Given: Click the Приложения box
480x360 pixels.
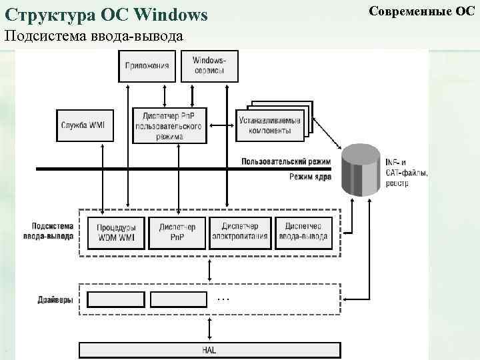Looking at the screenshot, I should (146, 66).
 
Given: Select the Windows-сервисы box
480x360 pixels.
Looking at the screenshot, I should (209, 66).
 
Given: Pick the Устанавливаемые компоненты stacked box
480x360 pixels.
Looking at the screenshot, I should (269, 125).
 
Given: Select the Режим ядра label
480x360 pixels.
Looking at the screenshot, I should (310, 177).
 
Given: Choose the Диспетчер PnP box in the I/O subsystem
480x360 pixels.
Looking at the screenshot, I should (177, 231).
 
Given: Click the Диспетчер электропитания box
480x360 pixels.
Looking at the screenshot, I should (240, 231).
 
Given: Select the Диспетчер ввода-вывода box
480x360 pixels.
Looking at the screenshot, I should (303, 231).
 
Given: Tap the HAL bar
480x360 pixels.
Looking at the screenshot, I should (209, 350).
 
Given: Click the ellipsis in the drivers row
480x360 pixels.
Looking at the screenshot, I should (223, 299).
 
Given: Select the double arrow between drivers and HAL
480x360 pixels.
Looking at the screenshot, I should (211, 329).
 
